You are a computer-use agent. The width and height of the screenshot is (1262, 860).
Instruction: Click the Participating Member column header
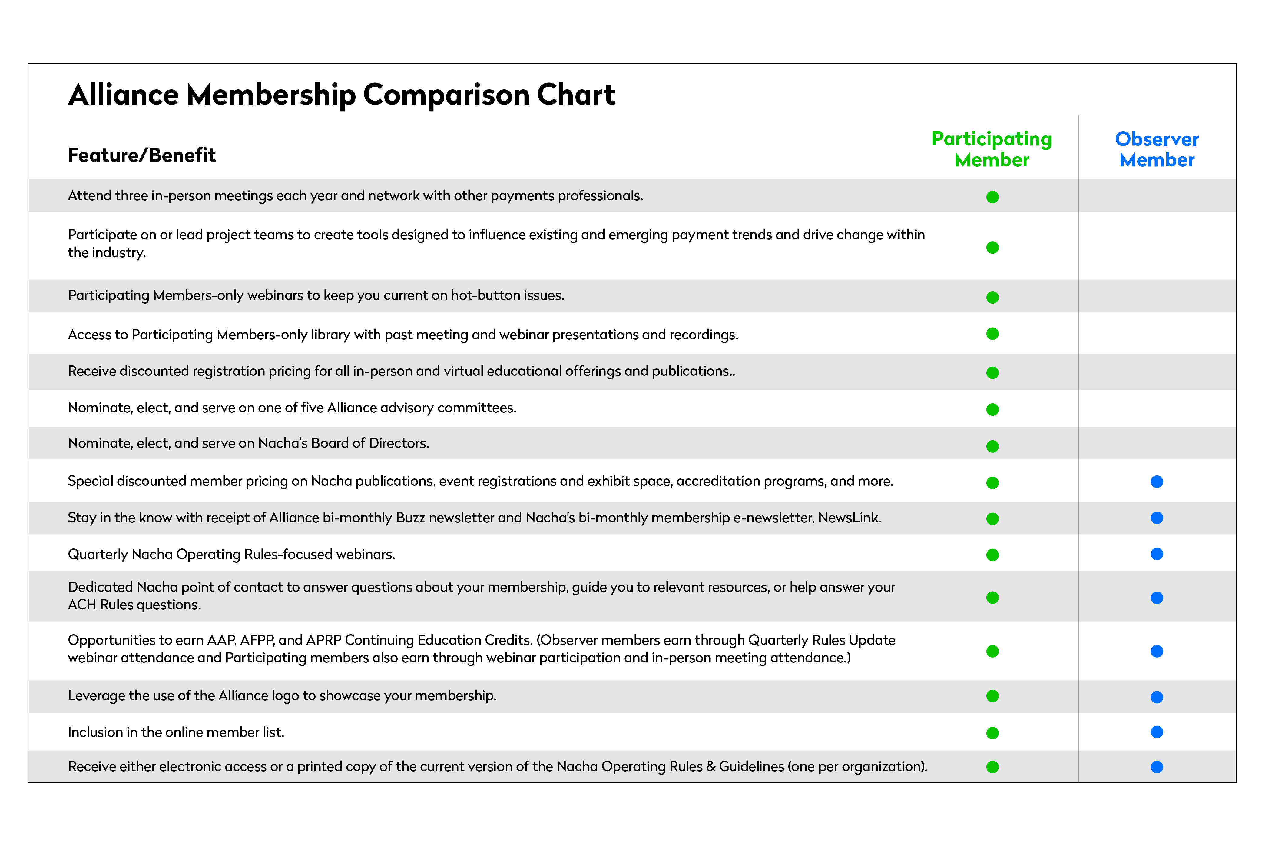(x=992, y=149)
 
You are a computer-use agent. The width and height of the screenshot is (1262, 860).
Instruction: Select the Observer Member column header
(x=1157, y=149)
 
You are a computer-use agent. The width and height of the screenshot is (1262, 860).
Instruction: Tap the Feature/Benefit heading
(x=142, y=155)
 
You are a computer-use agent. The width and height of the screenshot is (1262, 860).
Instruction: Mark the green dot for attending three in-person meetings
(x=992, y=197)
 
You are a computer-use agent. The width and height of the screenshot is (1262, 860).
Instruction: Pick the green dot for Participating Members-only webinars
(x=992, y=297)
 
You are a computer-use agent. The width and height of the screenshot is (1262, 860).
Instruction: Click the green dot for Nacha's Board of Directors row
(x=992, y=446)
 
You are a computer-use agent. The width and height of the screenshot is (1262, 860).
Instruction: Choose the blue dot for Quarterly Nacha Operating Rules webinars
(x=1157, y=554)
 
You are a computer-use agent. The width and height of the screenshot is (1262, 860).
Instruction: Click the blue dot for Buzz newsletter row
(x=1157, y=518)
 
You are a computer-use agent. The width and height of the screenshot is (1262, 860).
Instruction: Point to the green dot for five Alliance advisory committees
(x=992, y=409)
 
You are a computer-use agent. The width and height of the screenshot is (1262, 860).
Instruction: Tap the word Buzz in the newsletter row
(x=411, y=518)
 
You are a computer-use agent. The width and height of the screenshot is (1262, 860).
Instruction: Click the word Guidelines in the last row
(x=752, y=767)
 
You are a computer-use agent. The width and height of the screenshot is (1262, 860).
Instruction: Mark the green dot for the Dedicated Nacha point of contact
(x=992, y=598)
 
